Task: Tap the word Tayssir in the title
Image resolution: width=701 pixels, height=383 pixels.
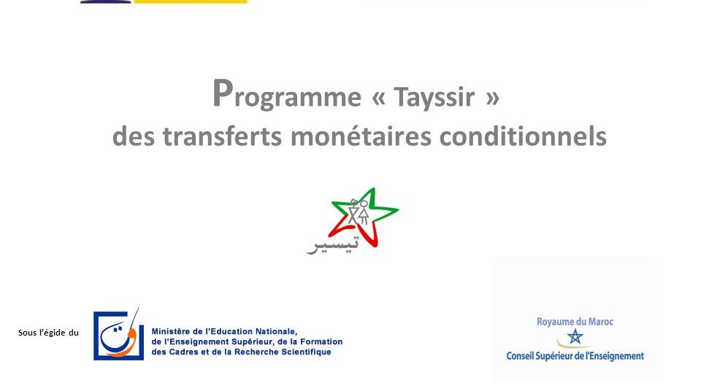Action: (x=434, y=97)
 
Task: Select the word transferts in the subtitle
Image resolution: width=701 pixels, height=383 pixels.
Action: (x=222, y=136)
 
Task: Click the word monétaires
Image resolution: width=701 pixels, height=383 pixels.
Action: (x=361, y=136)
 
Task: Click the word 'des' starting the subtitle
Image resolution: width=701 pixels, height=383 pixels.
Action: (x=133, y=136)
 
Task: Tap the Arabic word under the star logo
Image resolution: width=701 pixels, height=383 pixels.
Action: (x=332, y=244)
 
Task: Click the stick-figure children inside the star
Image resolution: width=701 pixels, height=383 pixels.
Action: (x=358, y=212)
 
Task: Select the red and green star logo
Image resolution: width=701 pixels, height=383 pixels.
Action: (x=363, y=217)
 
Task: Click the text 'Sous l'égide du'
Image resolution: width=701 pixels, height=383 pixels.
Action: (x=48, y=333)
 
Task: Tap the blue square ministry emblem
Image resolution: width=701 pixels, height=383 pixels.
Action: (x=118, y=334)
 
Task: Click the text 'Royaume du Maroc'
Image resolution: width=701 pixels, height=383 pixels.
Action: (x=575, y=322)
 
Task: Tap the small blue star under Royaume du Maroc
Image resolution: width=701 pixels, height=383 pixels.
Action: (x=575, y=336)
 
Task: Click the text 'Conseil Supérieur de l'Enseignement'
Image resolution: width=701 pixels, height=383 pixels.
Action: (x=575, y=356)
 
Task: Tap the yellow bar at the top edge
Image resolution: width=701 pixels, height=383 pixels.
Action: (x=191, y=1)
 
